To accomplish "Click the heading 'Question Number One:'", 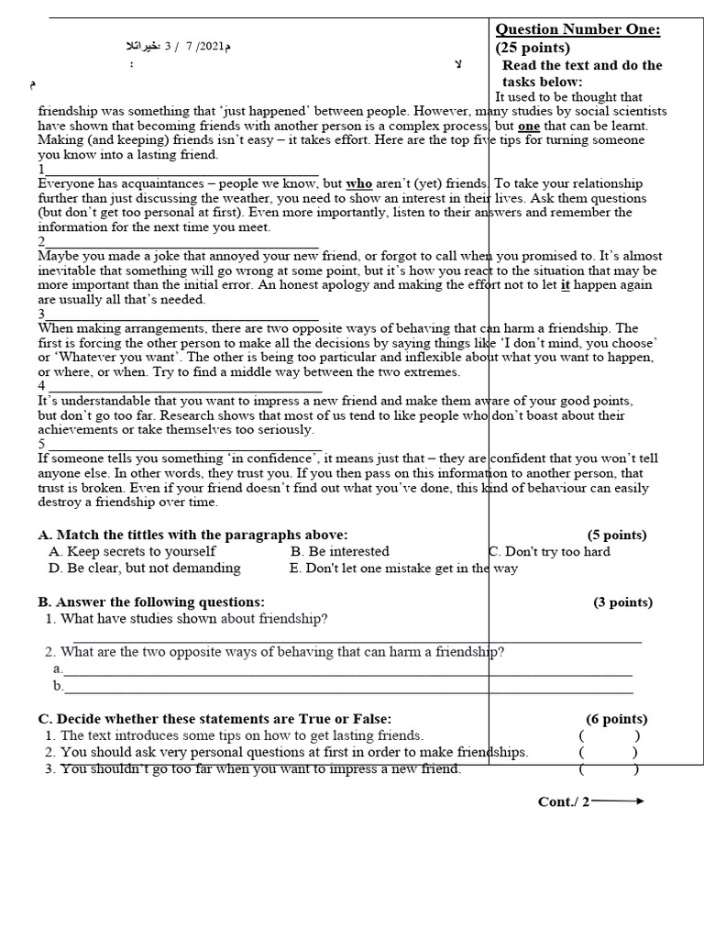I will click(x=577, y=29).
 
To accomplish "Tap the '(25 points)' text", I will click(x=533, y=48).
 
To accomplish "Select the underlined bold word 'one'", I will click(x=529, y=126).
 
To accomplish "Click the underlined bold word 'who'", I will click(x=358, y=183).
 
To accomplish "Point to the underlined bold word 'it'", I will click(x=565, y=284).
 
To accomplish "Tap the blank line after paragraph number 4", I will click(x=183, y=389).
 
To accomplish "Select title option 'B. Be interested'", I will click(x=339, y=551).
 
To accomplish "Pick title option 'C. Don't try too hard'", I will click(x=550, y=551).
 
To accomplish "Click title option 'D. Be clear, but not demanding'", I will click(x=144, y=568).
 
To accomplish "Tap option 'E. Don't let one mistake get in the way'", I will click(x=403, y=568).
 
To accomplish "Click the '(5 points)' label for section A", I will click(x=617, y=535).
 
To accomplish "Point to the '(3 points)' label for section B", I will click(x=622, y=602).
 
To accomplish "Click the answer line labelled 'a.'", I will click(x=348, y=672).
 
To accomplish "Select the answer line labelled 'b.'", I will click(x=348, y=689).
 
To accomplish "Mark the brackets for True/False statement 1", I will click(x=609, y=735).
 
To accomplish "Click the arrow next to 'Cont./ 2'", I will click(x=619, y=801).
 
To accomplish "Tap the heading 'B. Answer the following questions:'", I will click(x=151, y=602).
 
